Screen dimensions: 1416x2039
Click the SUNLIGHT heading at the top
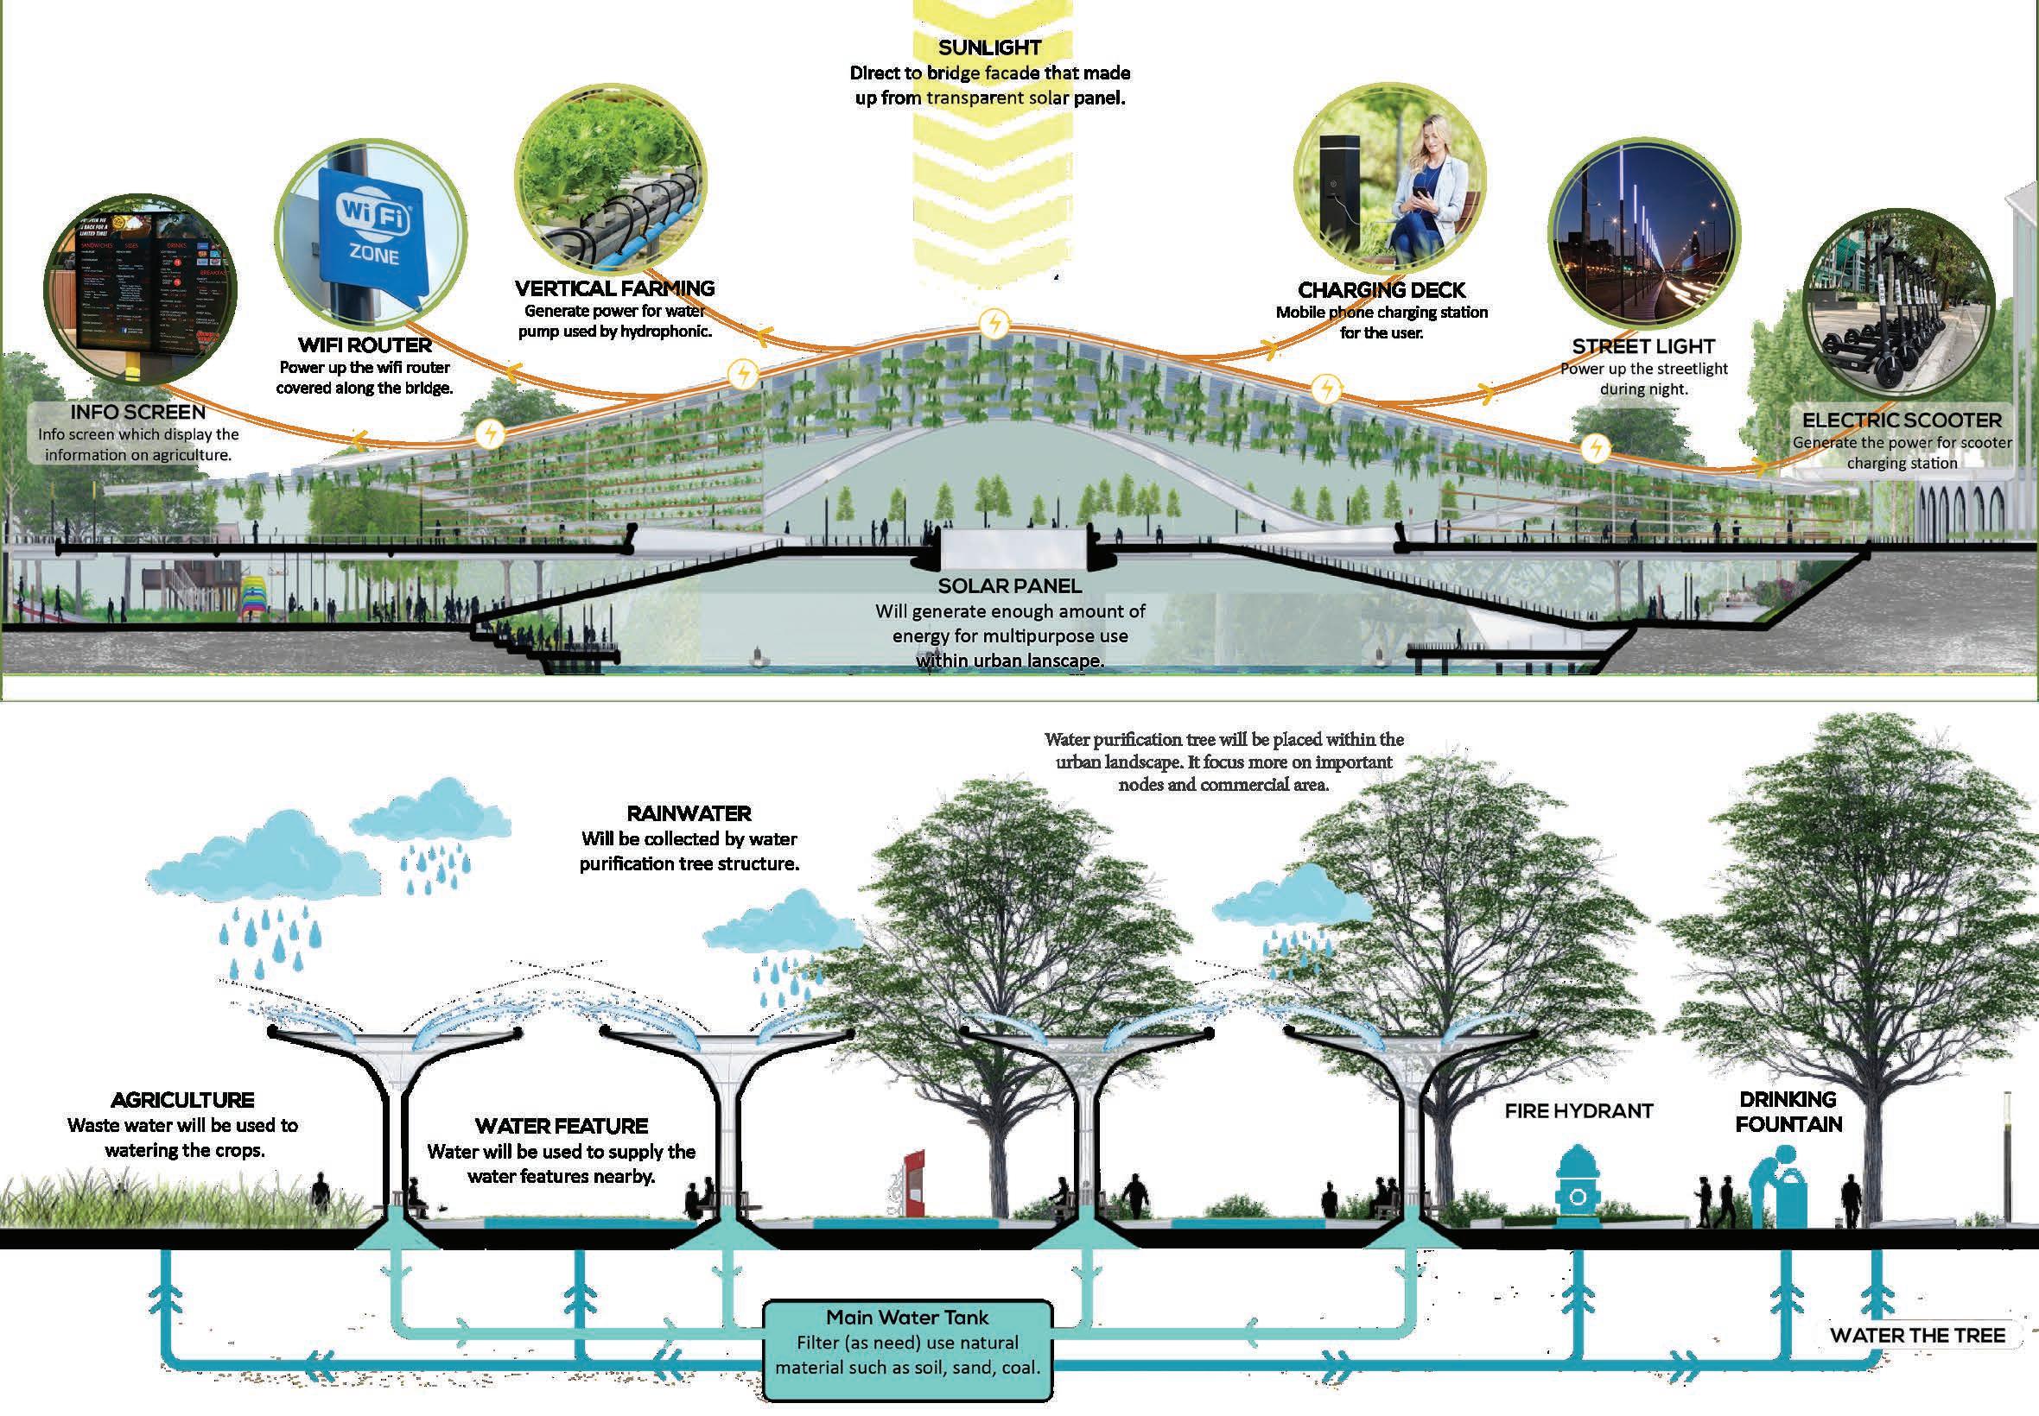989,47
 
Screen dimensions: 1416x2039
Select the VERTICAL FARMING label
614,288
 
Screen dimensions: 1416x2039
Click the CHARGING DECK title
1382,290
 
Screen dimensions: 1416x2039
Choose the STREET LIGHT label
1643,347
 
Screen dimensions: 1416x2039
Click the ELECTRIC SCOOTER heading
1902,420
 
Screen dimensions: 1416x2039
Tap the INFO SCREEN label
137,412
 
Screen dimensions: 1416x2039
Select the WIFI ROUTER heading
364,345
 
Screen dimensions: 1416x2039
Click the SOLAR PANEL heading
1009,585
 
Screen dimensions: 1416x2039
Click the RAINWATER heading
689,813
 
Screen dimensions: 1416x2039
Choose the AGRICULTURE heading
182,1100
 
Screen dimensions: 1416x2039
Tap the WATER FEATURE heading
561,1126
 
